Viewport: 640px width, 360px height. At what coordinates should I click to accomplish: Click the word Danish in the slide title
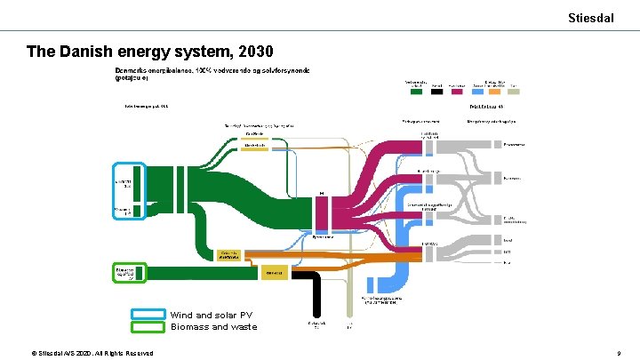[92, 52]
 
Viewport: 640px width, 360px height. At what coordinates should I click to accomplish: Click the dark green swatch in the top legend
[415, 90]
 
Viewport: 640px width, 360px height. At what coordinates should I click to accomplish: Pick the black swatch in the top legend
[436, 90]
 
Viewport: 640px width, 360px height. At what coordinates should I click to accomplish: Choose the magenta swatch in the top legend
[458, 90]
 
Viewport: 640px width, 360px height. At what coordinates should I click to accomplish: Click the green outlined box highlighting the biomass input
[128, 272]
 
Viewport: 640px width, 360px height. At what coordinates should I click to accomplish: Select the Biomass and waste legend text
[213, 326]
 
